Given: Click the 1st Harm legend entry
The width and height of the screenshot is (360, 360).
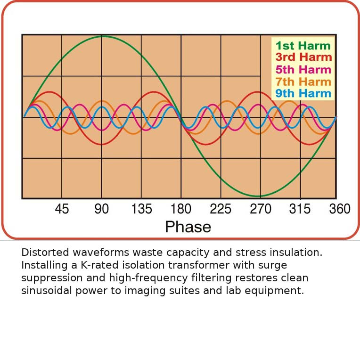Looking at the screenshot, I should (x=303, y=46).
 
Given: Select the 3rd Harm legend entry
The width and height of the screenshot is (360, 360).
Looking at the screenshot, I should (x=303, y=57).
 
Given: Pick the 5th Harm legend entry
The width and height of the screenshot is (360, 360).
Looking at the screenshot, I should (x=303, y=70).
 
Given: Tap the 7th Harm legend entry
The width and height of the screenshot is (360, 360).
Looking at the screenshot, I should (x=303, y=82).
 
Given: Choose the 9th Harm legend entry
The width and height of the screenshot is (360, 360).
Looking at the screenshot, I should (x=303, y=93).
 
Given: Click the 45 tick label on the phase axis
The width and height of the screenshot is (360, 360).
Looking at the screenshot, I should (x=62, y=209).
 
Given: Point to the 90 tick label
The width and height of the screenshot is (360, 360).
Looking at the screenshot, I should (x=102, y=209).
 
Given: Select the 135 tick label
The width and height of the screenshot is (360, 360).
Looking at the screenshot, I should (x=141, y=209).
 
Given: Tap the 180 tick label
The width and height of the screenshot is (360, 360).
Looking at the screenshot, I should (x=181, y=209).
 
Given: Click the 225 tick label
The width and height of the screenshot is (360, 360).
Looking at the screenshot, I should (x=221, y=209).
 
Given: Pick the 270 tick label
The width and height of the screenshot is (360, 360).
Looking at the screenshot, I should (x=261, y=209).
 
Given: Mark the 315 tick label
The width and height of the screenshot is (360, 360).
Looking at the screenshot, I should (x=300, y=209).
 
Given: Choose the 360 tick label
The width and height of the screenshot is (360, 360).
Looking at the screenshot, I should (x=339, y=209).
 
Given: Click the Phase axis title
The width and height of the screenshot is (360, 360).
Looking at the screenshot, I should (x=188, y=227).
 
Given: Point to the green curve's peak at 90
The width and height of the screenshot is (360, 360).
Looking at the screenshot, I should (x=102, y=36).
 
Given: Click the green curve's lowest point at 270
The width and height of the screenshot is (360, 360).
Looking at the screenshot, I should (x=258, y=196).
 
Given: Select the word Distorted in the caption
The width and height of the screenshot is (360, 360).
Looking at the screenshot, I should (x=44, y=253).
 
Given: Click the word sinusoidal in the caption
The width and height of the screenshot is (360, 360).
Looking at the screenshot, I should (x=44, y=291).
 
